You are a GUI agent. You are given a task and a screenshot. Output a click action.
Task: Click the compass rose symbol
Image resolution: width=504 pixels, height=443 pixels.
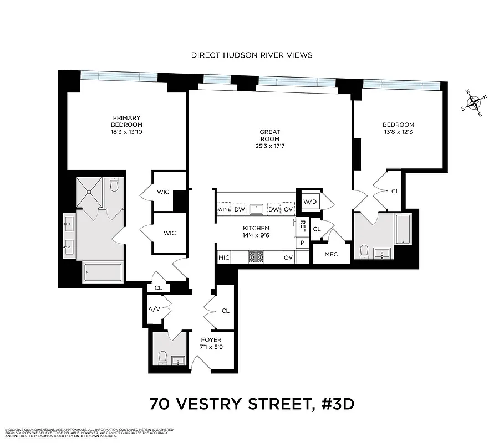coord(474,104)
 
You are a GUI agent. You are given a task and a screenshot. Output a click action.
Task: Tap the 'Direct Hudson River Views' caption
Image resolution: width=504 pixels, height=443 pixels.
coord(252,55)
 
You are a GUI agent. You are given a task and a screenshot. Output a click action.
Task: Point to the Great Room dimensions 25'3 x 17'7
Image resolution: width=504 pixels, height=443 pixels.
coord(269,146)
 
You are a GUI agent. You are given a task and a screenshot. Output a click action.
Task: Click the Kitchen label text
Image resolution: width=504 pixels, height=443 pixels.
coord(256,228)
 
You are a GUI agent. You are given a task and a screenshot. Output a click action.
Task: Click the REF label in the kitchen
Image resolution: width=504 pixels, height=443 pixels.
coord(303,225)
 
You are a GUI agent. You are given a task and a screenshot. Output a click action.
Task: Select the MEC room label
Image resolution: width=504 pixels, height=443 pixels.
coord(331,254)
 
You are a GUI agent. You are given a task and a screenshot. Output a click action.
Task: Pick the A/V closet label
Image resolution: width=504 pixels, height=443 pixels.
coord(154,309)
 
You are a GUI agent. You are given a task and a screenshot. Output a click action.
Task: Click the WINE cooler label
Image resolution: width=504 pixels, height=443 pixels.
coord(224,210)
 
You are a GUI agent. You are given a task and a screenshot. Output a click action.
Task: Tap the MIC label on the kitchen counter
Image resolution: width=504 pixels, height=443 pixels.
coord(224,257)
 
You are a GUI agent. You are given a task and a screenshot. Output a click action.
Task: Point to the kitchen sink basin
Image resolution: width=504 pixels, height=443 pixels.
coord(256,209)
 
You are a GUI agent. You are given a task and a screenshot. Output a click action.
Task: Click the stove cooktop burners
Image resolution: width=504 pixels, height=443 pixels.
coord(256,257)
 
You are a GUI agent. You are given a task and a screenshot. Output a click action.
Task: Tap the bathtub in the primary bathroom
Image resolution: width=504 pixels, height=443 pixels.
coord(103,272)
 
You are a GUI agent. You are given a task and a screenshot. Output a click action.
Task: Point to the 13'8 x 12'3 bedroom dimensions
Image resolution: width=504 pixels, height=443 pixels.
coord(398,132)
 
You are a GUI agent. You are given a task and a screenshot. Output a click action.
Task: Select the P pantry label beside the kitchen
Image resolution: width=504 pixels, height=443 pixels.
coord(303,243)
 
